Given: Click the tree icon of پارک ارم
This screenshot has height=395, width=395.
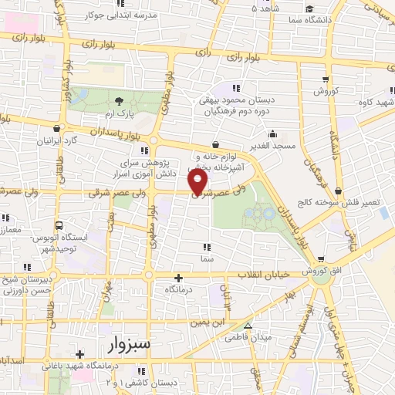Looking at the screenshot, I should click(119, 101).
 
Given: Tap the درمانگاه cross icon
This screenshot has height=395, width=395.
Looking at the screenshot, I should click(179, 278).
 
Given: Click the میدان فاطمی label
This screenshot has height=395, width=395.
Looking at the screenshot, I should click(245, 337).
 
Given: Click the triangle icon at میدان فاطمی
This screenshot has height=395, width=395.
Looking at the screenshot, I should click(247, 326).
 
